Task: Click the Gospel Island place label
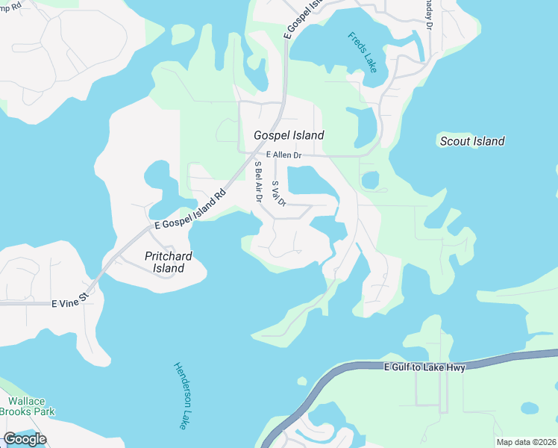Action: tap(289, 135)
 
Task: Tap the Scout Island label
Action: tap(472, 141)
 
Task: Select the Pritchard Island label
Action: tap(164, 262)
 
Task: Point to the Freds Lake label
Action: tap(363, 52)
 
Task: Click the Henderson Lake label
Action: tap(181, 395)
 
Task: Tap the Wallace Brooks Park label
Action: tap(27, 407)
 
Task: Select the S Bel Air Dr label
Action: tap(258, 181)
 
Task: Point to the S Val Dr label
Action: tap(279, 193)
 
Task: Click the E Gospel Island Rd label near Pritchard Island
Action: tap(190, 209)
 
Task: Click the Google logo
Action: tap(25, 439)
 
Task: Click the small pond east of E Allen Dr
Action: tap(370, 181)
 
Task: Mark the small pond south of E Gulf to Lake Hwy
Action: tap(529, 408)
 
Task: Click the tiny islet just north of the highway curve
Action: tap(301, 382)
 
